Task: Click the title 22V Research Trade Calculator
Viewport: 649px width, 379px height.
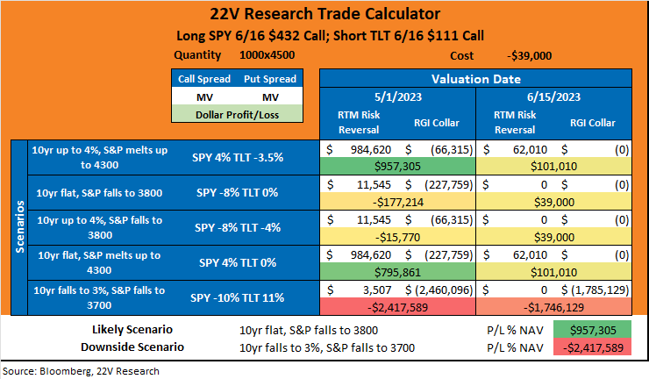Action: tap(324, 14)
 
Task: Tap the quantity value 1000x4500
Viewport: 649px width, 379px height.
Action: tap(267, 55)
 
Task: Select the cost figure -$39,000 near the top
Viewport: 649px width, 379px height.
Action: tap(530, 55)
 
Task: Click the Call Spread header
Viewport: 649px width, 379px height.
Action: tap(204, 79)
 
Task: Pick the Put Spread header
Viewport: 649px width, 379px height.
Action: tap(270, 79)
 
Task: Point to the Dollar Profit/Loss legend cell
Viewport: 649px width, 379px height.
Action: tap(237, 115)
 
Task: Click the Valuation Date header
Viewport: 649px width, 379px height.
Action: tap(476, 79)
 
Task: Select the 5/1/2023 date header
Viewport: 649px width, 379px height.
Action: tap(398, 97)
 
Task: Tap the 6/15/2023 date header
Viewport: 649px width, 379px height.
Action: tap(553, 97)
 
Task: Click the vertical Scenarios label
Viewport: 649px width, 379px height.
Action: tap(19, 226)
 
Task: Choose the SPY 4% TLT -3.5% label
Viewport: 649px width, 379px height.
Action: tap(238, 157)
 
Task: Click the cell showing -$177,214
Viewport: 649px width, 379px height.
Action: tap(398, 202)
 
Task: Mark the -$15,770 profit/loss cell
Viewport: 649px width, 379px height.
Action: tap(398, 238)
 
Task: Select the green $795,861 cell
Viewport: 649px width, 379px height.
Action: tap(398, 272)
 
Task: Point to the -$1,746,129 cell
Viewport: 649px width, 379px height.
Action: tap(553, 307)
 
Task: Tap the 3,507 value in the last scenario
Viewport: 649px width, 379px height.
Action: tap(377, 290)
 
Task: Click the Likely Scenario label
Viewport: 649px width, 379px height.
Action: tap(132, 330)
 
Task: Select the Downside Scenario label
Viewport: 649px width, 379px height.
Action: tap(132, 347)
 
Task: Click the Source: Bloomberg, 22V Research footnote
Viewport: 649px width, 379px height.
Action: tap(81, 371)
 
